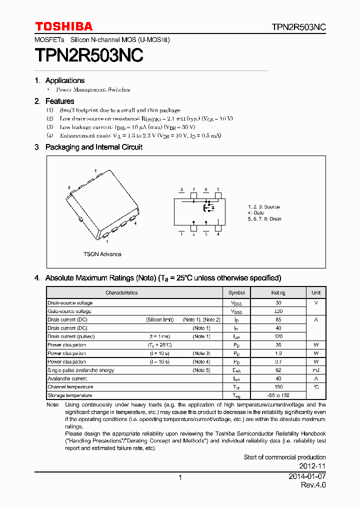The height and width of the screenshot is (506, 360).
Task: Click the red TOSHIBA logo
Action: pos(63,26)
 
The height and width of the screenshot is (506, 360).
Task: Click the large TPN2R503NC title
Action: pos(89,55)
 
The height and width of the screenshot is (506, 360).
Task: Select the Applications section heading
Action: pos(64,80)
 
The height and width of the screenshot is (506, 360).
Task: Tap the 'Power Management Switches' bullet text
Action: pos(92,89)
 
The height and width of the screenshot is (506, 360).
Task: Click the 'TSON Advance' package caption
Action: pos(102,254)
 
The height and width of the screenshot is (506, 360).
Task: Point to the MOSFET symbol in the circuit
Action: pos(207,206)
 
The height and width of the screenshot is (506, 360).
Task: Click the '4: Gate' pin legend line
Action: pos(256,213)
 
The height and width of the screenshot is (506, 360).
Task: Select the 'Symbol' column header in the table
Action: pos(236,292)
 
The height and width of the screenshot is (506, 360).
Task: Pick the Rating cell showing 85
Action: pos(278,319)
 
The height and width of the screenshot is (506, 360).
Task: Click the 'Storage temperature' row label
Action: pos(69,395)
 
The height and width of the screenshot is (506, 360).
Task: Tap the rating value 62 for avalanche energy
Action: pos(278,370)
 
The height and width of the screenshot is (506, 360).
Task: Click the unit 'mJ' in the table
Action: pos(316,370)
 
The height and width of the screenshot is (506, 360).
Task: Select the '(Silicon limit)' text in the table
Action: pos(160,319)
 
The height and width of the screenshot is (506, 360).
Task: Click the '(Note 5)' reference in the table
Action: pos(201,370)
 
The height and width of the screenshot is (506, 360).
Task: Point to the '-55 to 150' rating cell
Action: pos(278,395)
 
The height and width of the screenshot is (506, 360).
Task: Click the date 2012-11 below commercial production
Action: pos(313,466)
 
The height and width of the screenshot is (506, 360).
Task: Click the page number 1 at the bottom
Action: pos(180,477)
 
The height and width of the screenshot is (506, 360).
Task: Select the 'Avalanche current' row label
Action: pos(67,378)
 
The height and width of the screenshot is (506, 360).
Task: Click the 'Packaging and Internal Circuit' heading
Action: pos(93,147)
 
